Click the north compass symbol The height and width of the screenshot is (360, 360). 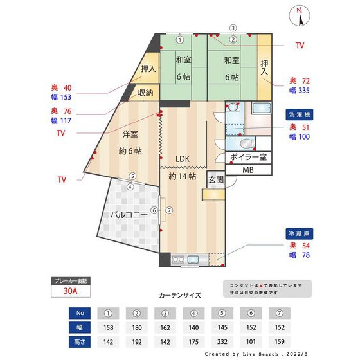[300, 16]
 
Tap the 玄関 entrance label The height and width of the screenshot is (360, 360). [215, 180]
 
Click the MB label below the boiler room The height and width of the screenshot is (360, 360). [248, 170]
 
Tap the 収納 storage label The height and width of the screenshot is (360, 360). [145, 93]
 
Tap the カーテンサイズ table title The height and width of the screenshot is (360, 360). [180, 296]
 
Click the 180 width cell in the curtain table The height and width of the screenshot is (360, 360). [137, 328]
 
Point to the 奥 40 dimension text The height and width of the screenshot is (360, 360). [62, 87]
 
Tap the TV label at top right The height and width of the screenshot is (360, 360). [300, 46]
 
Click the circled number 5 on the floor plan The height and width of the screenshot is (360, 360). [132, 175]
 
